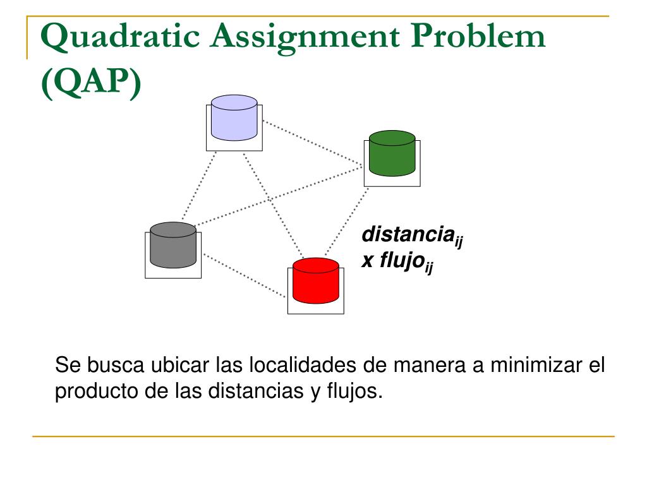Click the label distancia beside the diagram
coord(408,235)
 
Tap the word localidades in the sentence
coord(303,365)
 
